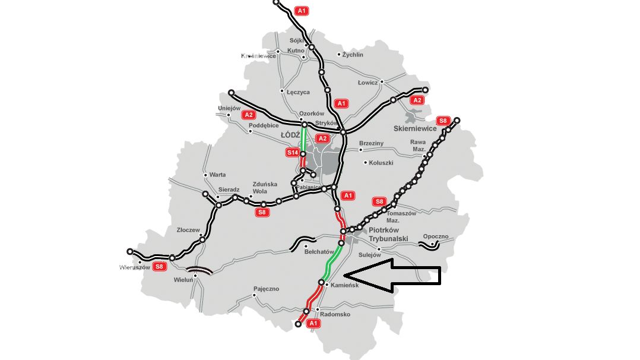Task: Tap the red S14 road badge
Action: point(292,153)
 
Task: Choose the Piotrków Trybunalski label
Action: point(392,234)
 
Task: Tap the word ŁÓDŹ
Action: point(292,135)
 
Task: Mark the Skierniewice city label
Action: point(415,128)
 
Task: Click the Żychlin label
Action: point(352,55)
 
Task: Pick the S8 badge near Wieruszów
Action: point(159,266)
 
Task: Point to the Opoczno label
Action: point(436,236)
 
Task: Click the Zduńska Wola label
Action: point(265,188)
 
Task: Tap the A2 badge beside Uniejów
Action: point(249,115)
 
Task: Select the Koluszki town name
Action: point(381,163)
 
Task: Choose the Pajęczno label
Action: point(265,289)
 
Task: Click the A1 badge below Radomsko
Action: point(313,323)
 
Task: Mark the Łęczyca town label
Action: point(298,92)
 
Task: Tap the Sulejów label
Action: point(370,255)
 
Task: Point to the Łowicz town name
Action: point(367,83)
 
